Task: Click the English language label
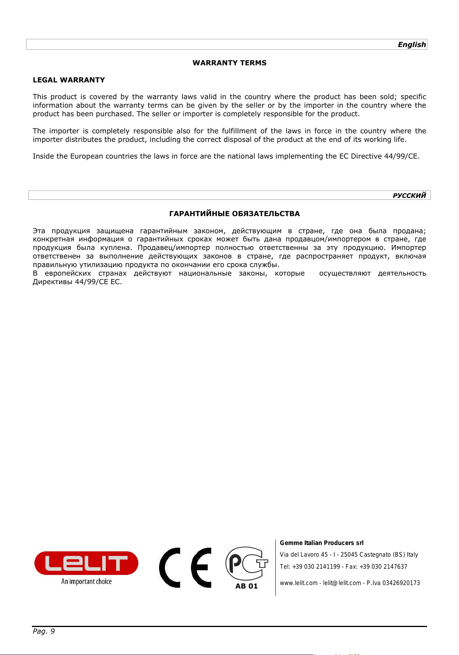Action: click(x=412, y=45)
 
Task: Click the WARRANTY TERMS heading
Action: click(x=229, y=63)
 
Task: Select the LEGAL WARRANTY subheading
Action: click(x=69, y=80)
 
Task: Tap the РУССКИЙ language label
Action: click(x=409, y=196)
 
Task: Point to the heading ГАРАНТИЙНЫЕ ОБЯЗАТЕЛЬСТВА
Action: click(x=235, y=214)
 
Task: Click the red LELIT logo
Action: click(x=86, y=563)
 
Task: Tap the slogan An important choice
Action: click(x=86, y=582)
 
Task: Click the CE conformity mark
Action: click(x=185, y=568)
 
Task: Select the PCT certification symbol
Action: click(x=247, y=564)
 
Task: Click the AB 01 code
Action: click(x=247, y=586)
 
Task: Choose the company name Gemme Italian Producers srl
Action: click(x=322, y=543)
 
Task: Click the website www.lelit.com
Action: click(x=299, y=583)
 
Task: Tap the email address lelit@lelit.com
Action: click(x=342, y=583)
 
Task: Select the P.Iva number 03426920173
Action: click(x=401, y=583)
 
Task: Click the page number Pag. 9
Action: click(x=44, y=631)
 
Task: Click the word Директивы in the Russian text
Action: click(x=53, y=282)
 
